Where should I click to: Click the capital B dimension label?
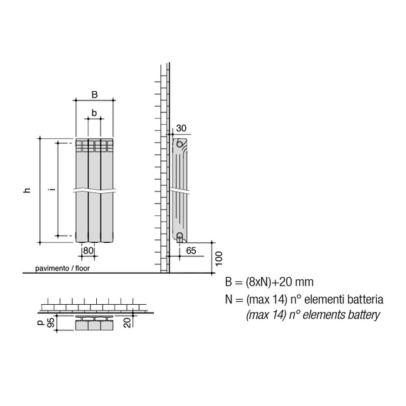(x=95, y=95)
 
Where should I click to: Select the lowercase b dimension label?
(x=94, y=113)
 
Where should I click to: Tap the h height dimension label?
(x=27, y=190)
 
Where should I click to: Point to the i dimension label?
(x=53, y=189)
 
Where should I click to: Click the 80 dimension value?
(x=88, y=251)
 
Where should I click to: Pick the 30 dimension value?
(x=181, y=128)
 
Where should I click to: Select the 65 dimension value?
(x=191, y=251)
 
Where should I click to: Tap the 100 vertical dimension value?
(x=219, y=259)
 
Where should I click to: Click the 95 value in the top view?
(x=51, y=322)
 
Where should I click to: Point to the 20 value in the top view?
(x=127, y=323)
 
